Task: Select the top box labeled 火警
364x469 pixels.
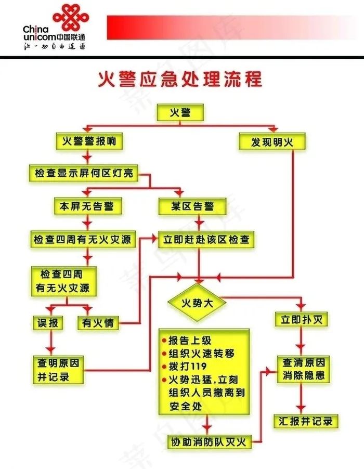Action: coord(180,112)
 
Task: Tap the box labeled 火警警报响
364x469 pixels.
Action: coord(89,141)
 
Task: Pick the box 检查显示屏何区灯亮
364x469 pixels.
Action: coord(84,174)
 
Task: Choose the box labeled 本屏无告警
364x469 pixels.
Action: coord(88,206)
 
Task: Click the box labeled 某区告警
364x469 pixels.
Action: coord(192,206)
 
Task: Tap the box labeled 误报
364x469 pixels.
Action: coord(48,322)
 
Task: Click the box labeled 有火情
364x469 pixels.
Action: coord(98,322)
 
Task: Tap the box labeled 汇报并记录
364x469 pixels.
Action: coord(306,421)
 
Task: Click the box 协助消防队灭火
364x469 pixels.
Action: coord(209,442)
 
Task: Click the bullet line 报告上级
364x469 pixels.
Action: coord(189,341)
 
